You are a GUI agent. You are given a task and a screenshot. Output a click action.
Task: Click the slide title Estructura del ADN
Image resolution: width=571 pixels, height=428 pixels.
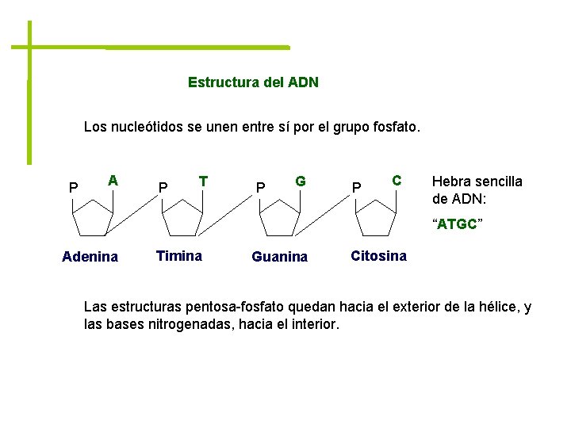coord(253,82)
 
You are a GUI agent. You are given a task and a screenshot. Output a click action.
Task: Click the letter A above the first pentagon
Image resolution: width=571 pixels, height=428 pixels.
coord(113,181)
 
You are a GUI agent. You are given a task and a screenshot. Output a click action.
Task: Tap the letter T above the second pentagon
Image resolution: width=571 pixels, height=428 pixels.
coord(204,181)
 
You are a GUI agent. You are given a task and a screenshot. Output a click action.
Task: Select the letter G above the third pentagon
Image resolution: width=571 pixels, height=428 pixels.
coord(301,181)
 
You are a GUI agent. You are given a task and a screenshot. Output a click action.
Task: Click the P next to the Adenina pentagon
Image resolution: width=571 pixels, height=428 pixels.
coord(73,188)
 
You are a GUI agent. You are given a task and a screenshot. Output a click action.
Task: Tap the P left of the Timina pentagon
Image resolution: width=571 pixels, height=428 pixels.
coord(163,188)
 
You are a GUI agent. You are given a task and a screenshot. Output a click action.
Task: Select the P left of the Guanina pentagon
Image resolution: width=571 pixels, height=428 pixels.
coord(259,188)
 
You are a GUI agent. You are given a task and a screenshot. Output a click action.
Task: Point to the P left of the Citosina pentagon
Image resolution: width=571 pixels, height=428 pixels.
coord(357,188)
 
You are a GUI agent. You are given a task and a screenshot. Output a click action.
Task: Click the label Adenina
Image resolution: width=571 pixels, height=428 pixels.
coord(90,257)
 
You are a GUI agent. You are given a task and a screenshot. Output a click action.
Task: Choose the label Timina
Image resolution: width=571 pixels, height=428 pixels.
coord(179,256)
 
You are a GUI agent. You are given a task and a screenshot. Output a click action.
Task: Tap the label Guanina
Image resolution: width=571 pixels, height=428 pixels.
coord(279,257)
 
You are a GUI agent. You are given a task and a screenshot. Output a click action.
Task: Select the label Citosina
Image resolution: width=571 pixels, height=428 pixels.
coord(378,256)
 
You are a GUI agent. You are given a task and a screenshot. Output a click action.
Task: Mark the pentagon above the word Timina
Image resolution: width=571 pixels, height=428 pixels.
coord(183,216)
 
